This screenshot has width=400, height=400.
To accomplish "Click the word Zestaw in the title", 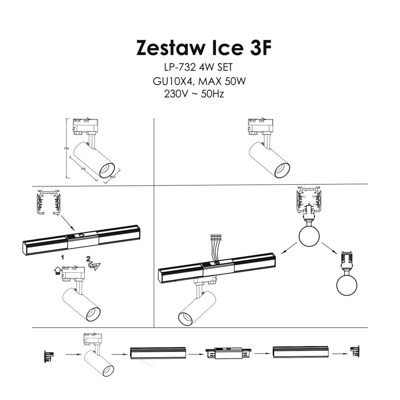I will [170, 48].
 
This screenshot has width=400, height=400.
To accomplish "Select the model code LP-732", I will [179, 68].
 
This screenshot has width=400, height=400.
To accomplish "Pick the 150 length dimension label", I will [83, 169].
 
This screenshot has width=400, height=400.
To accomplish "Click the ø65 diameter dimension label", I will [112, 177].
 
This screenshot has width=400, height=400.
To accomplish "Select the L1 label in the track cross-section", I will [304, 197].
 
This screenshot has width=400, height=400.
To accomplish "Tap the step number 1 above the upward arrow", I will [62, 258].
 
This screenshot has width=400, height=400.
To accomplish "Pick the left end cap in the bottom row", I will [48, 356].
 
